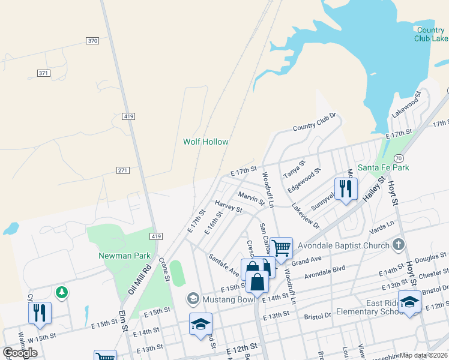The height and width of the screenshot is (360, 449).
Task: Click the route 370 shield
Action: click(x=92, y=40)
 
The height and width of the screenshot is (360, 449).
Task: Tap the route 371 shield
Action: click(x=43, y=73)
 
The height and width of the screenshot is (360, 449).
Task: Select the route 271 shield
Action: click(x=124, y=171)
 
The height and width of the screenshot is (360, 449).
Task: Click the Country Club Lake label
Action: click(x=430, y=34)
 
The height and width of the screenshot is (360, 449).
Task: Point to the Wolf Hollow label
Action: click(x=206, y=142)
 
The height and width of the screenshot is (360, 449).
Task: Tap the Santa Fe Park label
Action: click(x=383, y=167)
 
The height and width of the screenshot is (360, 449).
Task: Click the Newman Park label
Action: click(x=124, y=256)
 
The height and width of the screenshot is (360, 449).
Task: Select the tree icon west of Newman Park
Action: click(x=61, y=292)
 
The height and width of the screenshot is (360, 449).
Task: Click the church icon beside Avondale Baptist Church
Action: click(x=399, y=244)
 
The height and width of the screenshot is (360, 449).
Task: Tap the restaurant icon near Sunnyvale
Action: click(x=346, y=189)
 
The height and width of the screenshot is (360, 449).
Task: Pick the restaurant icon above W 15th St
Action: click(x=40, y=313)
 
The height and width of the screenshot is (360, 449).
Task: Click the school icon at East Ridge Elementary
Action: click(x=409, y=302)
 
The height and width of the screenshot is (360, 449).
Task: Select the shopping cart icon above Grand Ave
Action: click(x=281, y=247)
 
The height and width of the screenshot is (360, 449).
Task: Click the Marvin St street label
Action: click(x=251, y=199)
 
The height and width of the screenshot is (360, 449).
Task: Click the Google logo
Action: click(x=20, y=353)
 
